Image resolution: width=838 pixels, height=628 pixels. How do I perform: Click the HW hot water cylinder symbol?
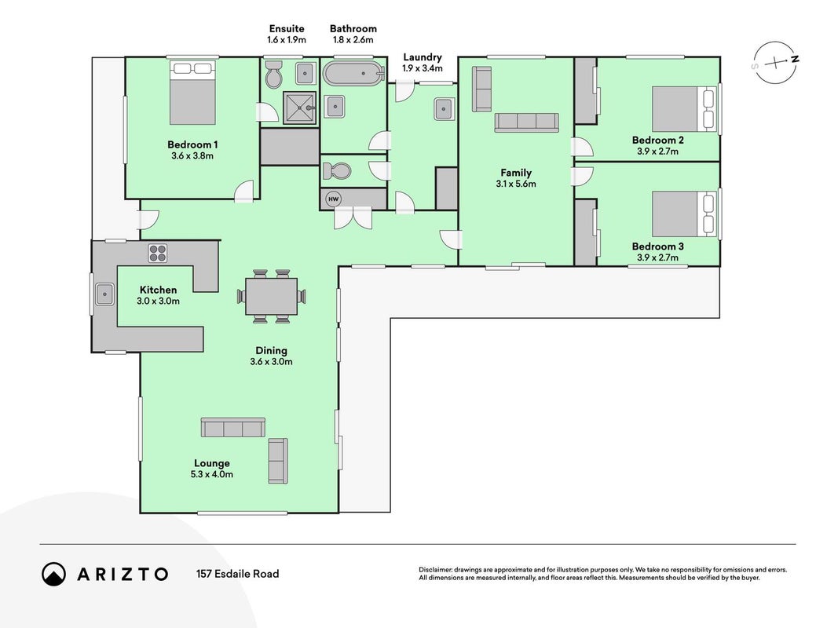[x=334, y=199]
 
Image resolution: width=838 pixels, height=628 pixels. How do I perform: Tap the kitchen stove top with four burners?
[x=157, y=253]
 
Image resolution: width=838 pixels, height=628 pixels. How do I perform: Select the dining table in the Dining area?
[x=272, y=296]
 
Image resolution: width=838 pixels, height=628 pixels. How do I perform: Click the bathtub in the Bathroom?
[x=353, y=74]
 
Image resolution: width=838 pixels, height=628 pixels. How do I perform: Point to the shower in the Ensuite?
[x=300, y=108]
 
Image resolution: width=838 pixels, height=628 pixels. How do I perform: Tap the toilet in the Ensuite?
[x=273, y=75]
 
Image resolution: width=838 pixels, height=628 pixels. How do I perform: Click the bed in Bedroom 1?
[x=192, y=93]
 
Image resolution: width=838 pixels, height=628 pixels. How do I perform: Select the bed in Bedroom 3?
[x=684, y=214]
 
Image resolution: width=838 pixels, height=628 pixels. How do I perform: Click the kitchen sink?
[x=104, y=294]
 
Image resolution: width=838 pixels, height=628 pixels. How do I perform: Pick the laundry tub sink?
[x=444, y=109]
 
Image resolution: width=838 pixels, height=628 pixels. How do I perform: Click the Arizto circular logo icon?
[x=54, y=574]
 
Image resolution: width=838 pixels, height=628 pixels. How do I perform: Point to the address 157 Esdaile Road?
[x=237, y=574]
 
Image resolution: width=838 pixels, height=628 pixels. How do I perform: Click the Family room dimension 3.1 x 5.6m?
[x=516, y=184]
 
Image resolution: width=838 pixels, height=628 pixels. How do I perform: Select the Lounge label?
[x=211, y=463]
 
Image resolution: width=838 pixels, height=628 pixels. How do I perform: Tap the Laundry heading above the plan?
[x=423, y=57]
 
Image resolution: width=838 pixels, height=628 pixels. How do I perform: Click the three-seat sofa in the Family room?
[x=526, y=122]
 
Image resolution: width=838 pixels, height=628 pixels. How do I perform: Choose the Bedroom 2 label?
[x=658, y=140]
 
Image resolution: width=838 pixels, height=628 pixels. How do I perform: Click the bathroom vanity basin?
[x=335, y=106]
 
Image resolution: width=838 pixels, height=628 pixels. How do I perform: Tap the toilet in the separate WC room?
[x=335, y=171]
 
